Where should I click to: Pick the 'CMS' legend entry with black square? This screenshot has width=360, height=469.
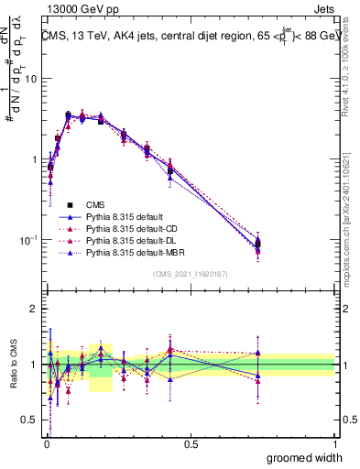(93, 203)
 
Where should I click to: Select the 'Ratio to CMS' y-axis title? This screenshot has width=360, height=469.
(12, 365)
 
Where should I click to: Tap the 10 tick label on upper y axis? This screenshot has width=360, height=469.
(29, 79)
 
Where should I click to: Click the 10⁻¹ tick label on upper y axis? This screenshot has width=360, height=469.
(27, 240)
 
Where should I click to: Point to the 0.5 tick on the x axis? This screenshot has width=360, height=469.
(191, 444)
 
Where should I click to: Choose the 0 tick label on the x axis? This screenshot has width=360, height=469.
(46, 444)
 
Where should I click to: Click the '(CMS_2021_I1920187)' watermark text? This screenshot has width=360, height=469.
(191, 274)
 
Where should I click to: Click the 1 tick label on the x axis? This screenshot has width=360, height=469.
(335, 444)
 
